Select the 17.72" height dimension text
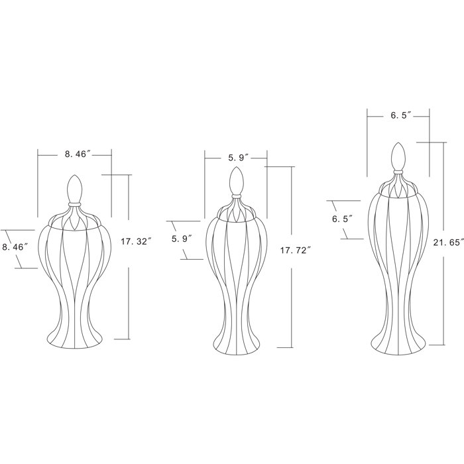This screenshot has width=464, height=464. [296, 251]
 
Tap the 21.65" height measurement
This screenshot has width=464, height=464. [448, 243]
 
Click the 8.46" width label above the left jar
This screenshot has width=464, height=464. [78, 154]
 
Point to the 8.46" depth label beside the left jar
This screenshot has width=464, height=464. [15, 247]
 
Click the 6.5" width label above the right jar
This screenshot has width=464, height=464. [401, 115]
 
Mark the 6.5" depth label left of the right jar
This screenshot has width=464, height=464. [343, 219]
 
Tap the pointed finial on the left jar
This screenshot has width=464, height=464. [74, 189]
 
